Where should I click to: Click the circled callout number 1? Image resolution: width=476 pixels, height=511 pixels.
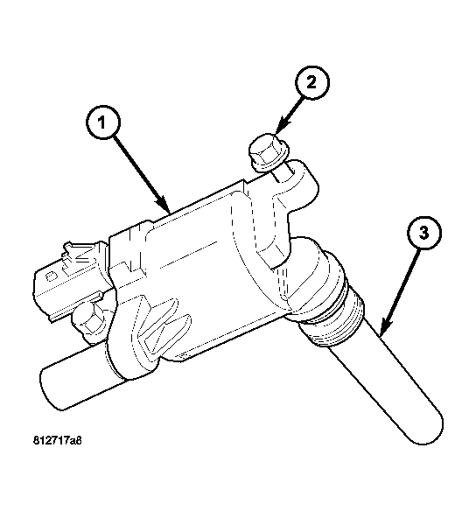tap(103, 122)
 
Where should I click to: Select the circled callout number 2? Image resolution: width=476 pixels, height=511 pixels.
tap(311, 82)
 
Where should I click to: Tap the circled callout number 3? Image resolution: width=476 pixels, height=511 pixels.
tap(423, 233)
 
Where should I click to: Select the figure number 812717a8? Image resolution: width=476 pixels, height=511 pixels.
tap(58, 440)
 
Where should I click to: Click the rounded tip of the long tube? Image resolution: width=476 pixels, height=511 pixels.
tap(427, 430)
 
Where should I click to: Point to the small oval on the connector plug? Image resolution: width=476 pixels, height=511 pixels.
tap(50, 277)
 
